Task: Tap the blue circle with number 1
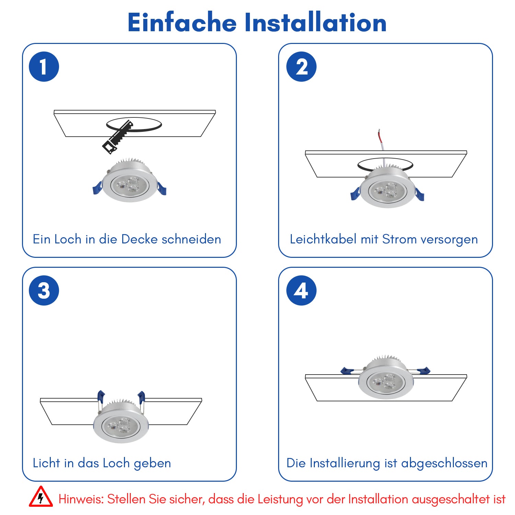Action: [x=44, y=67]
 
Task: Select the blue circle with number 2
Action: [x=301, y=67]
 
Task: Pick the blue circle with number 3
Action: [x=44, y=290]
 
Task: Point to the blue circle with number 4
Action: [x=301, y=290]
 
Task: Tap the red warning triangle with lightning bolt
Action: [x=41, y=497]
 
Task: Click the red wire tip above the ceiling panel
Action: [x=380, y=136]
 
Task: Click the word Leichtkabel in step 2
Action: [x=323, y=239]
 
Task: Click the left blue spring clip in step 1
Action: [x=98, y=188]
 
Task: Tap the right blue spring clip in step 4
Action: [x=423, y=371]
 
